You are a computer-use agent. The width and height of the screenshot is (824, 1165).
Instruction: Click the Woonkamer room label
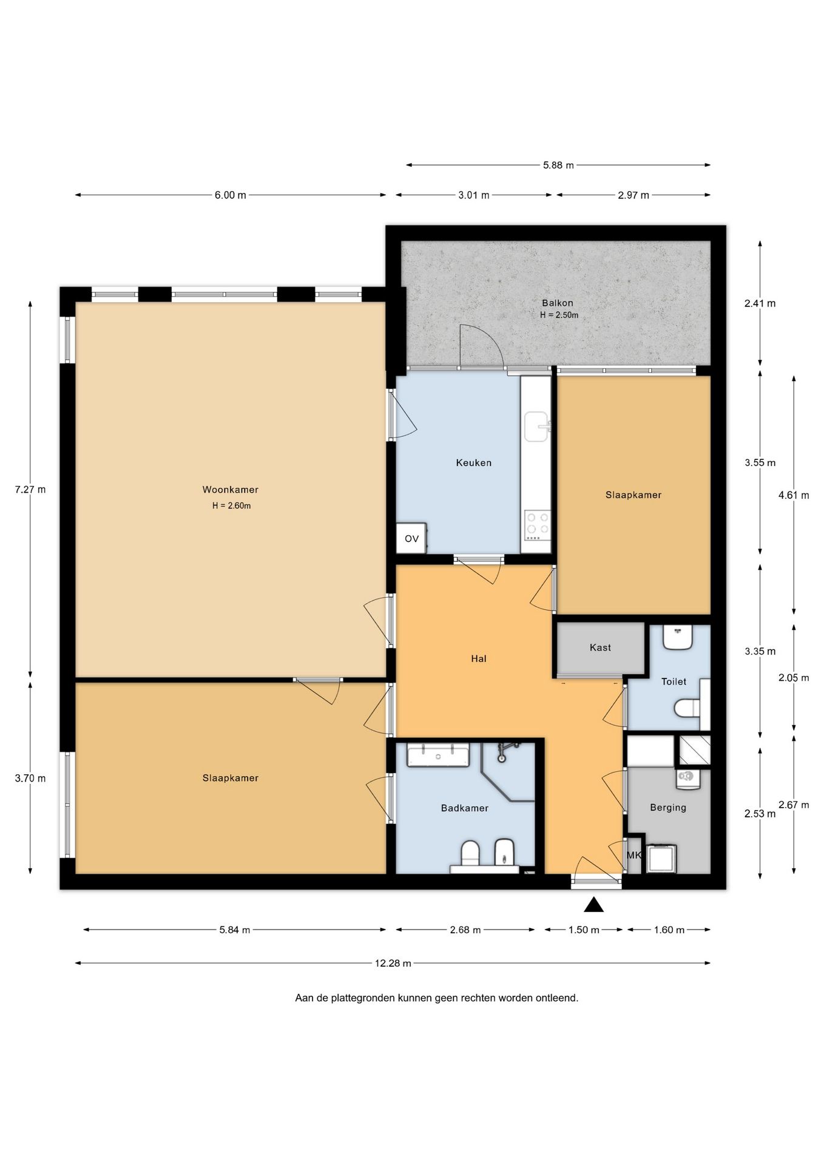(230, 490)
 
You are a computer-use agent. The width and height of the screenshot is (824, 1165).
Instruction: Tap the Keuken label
(473, 463)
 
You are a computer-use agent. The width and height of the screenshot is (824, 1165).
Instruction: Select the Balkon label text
(557, 303)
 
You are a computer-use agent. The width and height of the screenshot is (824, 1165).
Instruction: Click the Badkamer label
(464, 808)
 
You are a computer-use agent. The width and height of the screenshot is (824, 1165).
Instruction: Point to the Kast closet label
(600, 647)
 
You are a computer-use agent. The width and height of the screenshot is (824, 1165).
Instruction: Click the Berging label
(667, 808)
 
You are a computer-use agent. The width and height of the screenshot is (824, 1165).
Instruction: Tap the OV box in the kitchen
(411, 538)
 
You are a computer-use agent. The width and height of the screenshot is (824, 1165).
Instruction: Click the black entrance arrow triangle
(594, 905)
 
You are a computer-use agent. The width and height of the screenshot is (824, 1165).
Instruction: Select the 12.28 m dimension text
(393, 963)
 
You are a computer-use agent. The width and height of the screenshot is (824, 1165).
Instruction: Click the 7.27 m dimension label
(30, 490)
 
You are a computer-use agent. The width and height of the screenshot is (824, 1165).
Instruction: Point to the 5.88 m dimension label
(558, 165)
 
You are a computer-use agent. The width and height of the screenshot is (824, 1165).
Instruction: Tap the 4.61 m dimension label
(794, 495)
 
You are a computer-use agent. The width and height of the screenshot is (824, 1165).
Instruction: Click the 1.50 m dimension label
(584, 930)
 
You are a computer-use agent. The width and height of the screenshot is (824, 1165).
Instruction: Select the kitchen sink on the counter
(536, 427)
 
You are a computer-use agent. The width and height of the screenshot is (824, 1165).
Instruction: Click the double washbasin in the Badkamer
(438, 756)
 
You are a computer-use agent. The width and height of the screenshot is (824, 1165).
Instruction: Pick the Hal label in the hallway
(479, 658)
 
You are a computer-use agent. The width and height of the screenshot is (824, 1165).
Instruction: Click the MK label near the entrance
(633, 855)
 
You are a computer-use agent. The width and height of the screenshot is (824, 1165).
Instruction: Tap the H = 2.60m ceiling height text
(231, 505)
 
